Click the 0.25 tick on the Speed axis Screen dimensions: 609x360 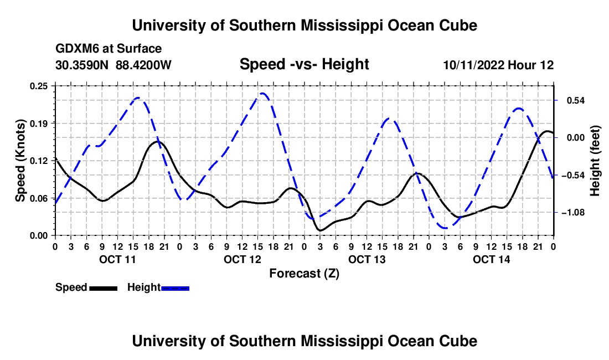[38, 86]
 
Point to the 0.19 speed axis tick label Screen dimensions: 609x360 [38, 124]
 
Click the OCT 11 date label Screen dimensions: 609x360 [118, 259]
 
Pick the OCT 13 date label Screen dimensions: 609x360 [367, 259]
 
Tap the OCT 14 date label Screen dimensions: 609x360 [491, 259]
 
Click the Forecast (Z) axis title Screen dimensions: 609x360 [304, 274]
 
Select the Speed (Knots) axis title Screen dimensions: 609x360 [20, 161]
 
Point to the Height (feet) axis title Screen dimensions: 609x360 [595, 161]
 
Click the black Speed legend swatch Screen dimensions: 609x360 [104, 288]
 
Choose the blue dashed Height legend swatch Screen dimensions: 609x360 [175, 288]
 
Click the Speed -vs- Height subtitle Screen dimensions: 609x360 [304, 64]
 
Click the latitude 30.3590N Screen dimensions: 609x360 [82, 65]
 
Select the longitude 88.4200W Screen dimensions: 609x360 [143, 65]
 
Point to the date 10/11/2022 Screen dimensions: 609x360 [473, 65]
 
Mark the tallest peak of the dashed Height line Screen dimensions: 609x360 [262, 93]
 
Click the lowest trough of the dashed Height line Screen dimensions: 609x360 [446, 228]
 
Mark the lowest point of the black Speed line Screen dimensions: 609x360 [321, 230]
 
